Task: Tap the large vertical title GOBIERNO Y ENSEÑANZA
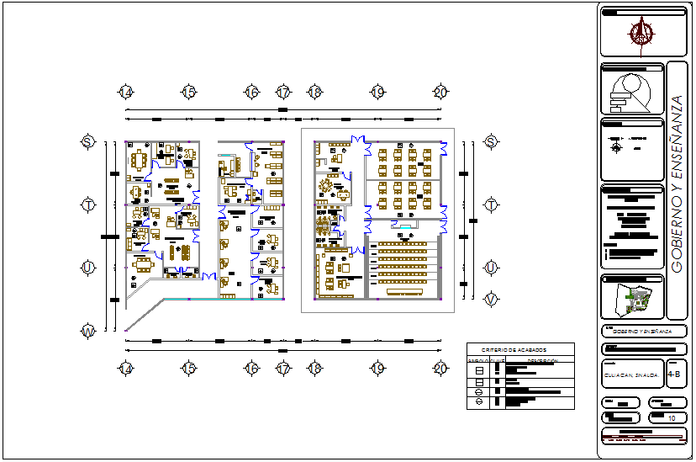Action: [678, 183]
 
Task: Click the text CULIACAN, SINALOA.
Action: [631, 375]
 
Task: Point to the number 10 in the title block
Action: [672, 417]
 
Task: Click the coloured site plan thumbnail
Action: [635, 301]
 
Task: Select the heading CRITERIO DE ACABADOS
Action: [514, 349]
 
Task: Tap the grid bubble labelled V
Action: [491, 299]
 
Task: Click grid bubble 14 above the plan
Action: [125, 92]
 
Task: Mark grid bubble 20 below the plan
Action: [440, 368]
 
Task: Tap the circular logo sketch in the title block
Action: [630, 92]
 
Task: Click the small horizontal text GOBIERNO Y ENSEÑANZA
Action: [639, 332]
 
